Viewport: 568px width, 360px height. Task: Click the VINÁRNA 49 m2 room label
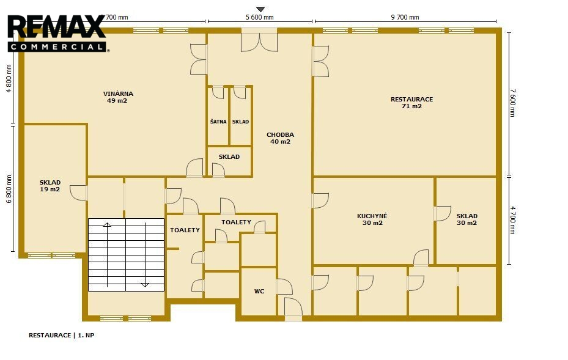(118, 97)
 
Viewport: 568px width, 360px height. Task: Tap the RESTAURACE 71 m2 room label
(411, 103)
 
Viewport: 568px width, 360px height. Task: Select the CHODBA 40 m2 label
(280, 138)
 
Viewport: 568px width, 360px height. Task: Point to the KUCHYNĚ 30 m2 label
(372, 219)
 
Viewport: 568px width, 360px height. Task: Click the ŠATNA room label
(218, 122)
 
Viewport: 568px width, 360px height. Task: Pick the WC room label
(259, 291)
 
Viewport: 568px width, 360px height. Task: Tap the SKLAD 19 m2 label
(50, 186)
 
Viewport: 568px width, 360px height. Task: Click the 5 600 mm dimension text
(259, 17)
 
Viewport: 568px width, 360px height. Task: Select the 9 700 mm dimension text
(405, 17)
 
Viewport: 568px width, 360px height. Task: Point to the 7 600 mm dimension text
(512, 103)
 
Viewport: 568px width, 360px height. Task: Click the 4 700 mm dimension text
(512, 220)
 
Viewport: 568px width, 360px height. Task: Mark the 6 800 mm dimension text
(9, 189)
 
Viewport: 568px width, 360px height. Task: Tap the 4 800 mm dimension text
(9, 78)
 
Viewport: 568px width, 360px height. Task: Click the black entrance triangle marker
(260, 9)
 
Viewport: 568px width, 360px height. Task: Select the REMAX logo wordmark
(56, 27)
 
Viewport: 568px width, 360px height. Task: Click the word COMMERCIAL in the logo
(56, 46)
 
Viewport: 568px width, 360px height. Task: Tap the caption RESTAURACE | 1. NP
(61, 335)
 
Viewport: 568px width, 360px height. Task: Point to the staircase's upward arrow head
(107, 225)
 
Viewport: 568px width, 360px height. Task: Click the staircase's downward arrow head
(145, 285)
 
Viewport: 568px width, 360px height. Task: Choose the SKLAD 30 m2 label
(467, 219)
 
